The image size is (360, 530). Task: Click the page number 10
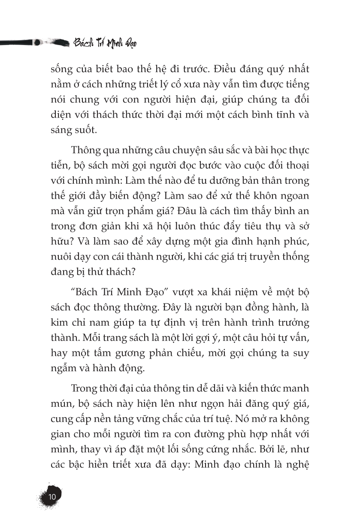[52, 497]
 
